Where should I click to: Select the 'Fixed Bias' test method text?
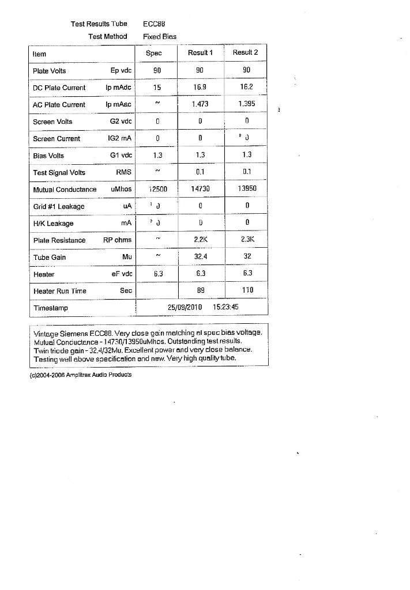(159, 36)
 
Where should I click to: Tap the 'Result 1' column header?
(201, 53)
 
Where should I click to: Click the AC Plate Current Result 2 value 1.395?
(246, 104)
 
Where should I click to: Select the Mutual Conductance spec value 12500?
(157, 189)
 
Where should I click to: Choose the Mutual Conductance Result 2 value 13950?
(246, 189)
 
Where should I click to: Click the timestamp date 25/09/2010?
(185, 308)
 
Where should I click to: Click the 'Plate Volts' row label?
(50, 71)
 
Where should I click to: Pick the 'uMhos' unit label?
(121, 189)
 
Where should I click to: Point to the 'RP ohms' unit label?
(118, 240)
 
